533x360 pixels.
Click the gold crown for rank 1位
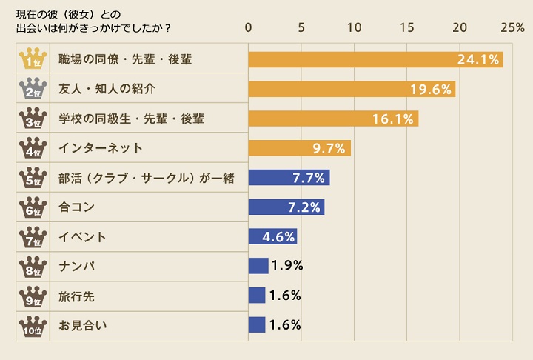pyautogui.click(x=32, y=59)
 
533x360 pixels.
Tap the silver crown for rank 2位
pyautogui.click(x=32, y=89)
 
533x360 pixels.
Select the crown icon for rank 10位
pyautogui.click(x=32, y=325)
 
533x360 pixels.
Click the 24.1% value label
pyautogui.click(x=477, y=59)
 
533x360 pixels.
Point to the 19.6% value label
pyautogui.click(x=431, y=89)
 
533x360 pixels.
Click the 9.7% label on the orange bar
pyautogui.click(x=329, y=148)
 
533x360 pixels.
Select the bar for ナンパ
pyautogui.click(x=258, y=266)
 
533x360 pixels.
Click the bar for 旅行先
pyautogui.click(x=256, y=296)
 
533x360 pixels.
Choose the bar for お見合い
pyautogui.click(x=256, y=324)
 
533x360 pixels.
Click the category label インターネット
pyautogui.click(x=101, y=148)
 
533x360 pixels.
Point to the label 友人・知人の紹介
pyautogui.click(x=107, y=89)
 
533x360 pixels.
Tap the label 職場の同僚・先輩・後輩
pyautogui.click(x=125, y=59)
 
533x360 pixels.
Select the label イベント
pyautogui.click(x=83, y=237)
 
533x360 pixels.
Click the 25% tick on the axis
pyautogui.click(x=512, y=27)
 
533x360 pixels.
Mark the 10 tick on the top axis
pyautogui.click(x=354, y=27)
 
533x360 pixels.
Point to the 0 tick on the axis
pyautogui.click(x=249, y=27)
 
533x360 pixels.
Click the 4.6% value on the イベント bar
pyautogui.click(x=279, y=237)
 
